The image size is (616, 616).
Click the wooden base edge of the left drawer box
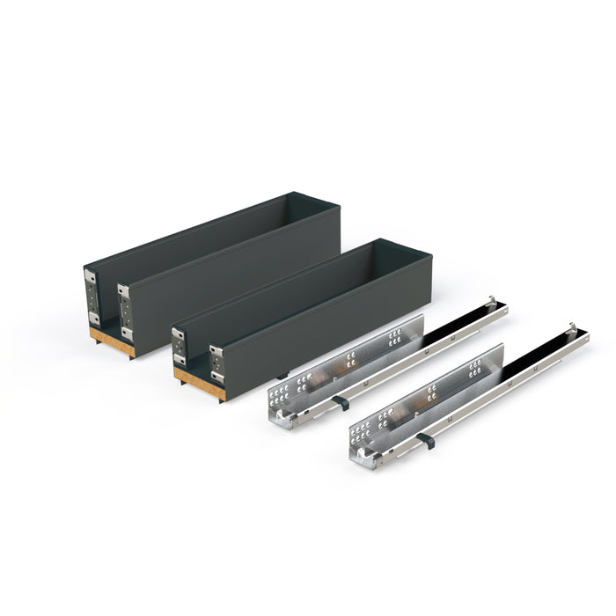click(x=112, y=341)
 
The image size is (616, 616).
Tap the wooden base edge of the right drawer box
click(x=199, y=384)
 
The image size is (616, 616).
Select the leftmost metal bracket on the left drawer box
click(x=91, y=297)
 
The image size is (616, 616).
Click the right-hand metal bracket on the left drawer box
click(x=125, y=312)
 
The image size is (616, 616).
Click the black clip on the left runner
click(x=341, y=402)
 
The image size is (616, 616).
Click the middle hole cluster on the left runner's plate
click(x=351, y=359)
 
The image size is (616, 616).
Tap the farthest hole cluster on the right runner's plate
click(x=475, y=367)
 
